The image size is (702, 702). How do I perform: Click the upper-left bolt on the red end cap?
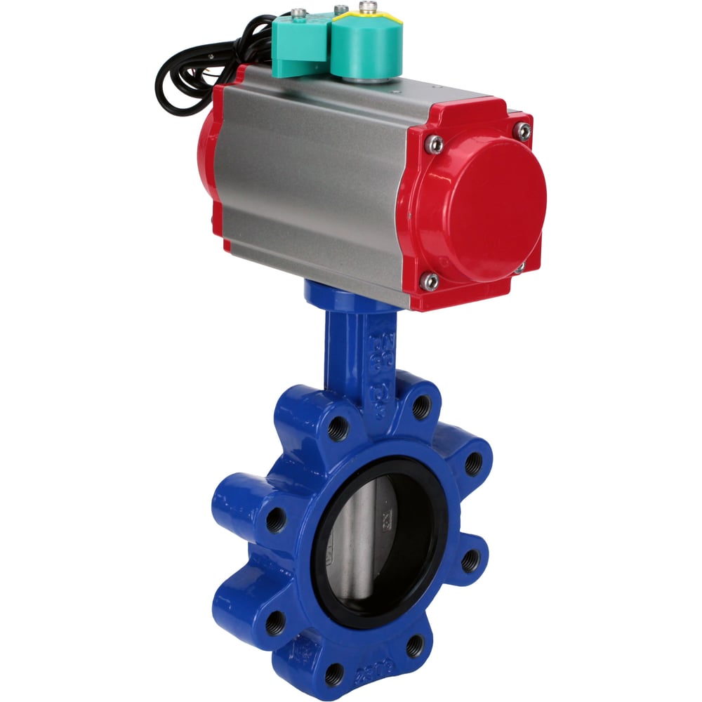[x=435, y=144]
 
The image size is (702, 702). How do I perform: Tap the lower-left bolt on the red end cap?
[x=430, y=282]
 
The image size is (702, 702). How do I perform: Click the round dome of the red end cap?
[x=491, y=207]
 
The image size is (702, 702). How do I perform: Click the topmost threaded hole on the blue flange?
[x=421, y=406]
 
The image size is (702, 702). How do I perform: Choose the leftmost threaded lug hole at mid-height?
[x=277, y=519]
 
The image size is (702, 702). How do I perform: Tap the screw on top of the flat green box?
[x=300, y=12]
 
